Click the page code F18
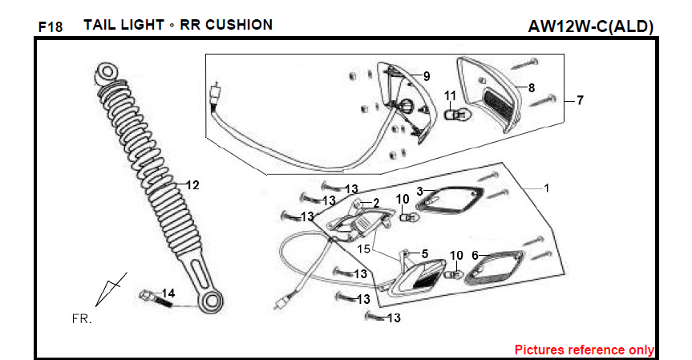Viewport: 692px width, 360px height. click(x=50, y=27)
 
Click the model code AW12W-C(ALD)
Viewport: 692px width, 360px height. click(x=591, y=26)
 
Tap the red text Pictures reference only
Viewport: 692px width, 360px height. click(x=584, y=350)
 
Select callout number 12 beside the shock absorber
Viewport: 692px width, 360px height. click(x=192, y=185)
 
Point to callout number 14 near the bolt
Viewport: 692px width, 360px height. click(x=168, y=293)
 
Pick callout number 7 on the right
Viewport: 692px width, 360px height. click(x=579, y=101)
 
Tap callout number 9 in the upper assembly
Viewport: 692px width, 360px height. click(x=427, y=76)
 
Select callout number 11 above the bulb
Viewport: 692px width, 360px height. click(x=450, y=96)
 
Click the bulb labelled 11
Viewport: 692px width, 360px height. click(x=454, y=115)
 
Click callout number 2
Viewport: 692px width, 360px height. click(x=375, y=204)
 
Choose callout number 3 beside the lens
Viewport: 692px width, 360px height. click(x=419, y=191)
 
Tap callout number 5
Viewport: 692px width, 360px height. click(x=425, y=253)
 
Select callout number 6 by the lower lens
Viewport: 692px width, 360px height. click(x=475, y=255)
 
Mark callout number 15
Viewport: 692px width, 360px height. click(x=365, y=249)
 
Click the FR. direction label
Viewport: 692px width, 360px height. click(x=82, y=318)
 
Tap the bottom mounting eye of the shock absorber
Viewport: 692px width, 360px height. click(x=212, y=303)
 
